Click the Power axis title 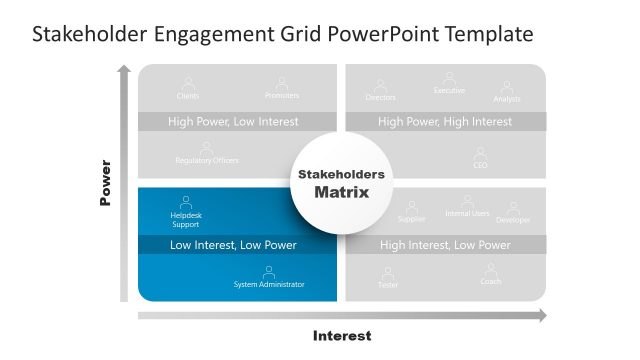coord(105,183)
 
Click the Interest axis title coord(342,336)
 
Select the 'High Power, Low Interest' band coord(233,122)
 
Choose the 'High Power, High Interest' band coord(445,122)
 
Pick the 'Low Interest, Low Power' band coord(233,245)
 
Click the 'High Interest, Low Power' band coord(445,245)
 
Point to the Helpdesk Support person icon coord(186,201)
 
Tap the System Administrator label coord(269,285)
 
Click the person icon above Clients coord(187,83)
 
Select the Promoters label coord(282,96)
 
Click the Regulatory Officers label coord(207,161)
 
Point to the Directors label coord(381,98)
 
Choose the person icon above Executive coord(449,77)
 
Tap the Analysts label coord(507,99)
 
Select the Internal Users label coord(467,214)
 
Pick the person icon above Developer coord(513,207)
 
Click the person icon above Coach coord(491,269)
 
